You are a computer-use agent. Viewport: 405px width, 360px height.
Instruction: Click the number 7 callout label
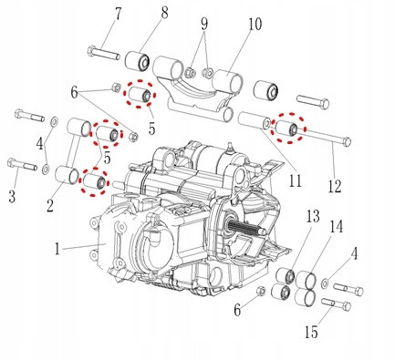point(117,14)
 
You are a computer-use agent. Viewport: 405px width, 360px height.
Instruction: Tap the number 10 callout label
point(254,24)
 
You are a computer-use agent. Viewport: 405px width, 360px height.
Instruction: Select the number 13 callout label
point(313,216)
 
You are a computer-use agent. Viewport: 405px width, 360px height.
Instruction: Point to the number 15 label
point(311,332)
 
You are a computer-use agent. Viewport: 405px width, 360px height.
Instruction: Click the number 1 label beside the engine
point(57,249)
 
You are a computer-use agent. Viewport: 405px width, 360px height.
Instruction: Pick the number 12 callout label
point(335,186)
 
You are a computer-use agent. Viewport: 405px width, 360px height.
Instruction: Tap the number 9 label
point(204,24)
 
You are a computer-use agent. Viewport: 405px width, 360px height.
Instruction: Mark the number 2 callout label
point(50,205)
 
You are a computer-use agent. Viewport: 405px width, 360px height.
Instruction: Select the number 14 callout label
point(337,226)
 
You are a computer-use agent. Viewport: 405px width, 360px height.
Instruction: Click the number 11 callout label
point(296,180)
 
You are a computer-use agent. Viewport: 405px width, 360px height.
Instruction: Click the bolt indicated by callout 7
point(103,53)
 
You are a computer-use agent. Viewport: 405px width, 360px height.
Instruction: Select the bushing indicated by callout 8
point(138,61)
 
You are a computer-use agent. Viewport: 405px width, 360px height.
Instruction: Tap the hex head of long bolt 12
point(347,141)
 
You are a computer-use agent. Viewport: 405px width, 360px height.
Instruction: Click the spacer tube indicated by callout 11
point(254,120)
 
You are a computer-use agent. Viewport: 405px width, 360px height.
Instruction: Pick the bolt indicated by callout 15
point(337,304)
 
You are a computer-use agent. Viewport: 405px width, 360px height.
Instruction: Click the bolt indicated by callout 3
point(22,164)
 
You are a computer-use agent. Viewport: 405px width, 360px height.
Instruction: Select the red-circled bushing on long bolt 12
point(287,129)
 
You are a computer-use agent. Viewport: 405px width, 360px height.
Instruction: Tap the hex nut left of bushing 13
point(261,291)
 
